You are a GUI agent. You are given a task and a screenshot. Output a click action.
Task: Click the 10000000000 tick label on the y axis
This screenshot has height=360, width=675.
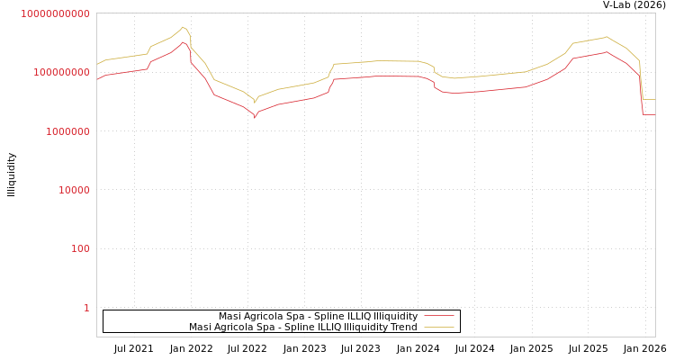(x=56, y=13)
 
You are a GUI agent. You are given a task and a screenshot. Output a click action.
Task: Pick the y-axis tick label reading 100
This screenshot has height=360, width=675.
(x=80, y=249)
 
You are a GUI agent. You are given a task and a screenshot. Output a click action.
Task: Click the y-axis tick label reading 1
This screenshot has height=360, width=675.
(x=86, y=308)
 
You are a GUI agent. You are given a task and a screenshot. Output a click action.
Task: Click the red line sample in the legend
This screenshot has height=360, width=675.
(x=439, y=317)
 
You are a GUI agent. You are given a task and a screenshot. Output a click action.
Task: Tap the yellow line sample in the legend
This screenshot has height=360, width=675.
(x=439, y=328)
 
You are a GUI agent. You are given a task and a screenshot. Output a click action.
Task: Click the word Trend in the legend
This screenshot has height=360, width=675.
(x=402, y=328)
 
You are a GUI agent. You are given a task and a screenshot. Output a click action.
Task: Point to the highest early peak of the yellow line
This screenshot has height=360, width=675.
(x=183, y=27)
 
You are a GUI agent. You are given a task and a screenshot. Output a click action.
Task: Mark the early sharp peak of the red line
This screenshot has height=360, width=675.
(x=183, y=41)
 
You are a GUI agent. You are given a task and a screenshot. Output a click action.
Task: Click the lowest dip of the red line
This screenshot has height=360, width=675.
(x=255, y=117)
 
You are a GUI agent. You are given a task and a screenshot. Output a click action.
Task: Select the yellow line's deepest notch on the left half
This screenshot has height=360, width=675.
(x=255, y=102)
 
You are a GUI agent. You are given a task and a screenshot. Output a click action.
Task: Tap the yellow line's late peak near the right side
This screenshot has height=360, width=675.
(x=607, y=37)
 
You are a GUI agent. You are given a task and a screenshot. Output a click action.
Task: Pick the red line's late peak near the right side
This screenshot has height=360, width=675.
(x=607, y=52)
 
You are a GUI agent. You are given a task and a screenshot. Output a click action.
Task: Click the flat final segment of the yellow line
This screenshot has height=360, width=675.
(x=649, y=99)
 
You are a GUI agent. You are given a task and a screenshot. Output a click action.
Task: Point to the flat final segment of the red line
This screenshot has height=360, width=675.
(x=649, y=114)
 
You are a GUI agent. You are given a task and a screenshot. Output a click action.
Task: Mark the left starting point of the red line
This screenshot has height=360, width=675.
(x=97, y=79)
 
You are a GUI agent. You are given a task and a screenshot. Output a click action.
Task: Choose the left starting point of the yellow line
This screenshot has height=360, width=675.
(x=97, y=64)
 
